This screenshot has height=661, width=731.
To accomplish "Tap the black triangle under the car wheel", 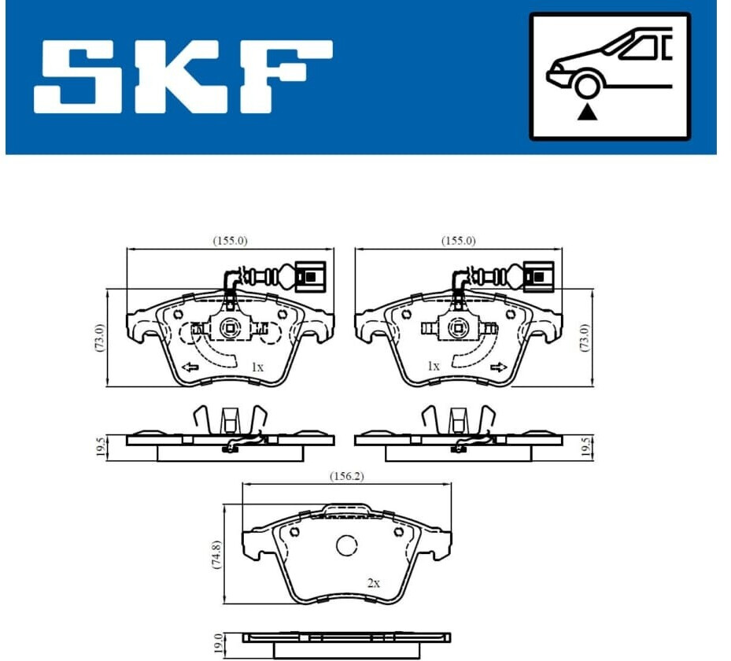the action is point(587,113).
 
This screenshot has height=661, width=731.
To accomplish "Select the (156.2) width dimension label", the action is point(347,476).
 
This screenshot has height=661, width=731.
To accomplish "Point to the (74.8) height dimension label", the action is point(216,554).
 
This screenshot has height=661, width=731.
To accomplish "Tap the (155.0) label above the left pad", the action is point(231,241).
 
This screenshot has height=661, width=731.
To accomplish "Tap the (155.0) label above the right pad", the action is point(458,241).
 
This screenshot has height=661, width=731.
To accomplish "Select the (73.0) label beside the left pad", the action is point(100,338).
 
